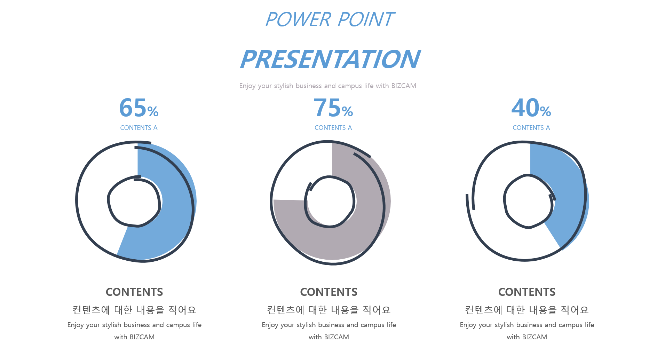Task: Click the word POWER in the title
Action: tap(298, 19)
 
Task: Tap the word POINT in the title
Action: tap(366, 19)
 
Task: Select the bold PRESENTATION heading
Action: tap(330, 59)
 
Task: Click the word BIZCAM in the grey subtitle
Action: tap(404, 86)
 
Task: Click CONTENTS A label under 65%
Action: tap(139, 128)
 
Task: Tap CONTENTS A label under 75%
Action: tap(333, 128)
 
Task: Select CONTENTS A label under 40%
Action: tap(531, 128)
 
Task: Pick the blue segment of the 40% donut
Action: tap(567, 195)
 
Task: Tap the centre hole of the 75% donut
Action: tap(330, 202)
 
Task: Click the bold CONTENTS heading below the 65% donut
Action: tap(134, 292)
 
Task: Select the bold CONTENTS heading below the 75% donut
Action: tap(329, 292)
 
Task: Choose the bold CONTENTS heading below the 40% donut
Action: tap(527, 292)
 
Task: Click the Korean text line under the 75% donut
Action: tap(329, 310)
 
